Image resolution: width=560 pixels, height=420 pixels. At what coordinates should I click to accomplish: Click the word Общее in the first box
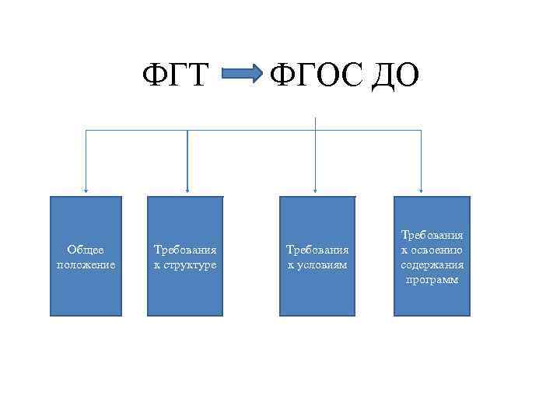pos(86,250)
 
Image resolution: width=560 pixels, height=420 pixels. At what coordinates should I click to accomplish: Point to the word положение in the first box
pos(86,264)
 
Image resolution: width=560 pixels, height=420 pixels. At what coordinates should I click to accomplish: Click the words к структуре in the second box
pos(185,264)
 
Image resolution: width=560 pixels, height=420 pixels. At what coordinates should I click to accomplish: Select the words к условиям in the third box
pos(317,264)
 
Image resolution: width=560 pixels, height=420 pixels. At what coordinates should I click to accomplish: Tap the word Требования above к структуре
pos(185,250)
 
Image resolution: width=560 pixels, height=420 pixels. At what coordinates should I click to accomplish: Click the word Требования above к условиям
pos(317,250)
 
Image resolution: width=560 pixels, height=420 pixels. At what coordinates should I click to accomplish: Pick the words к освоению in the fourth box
pos(432,250)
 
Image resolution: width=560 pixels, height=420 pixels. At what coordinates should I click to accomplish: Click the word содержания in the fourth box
pos(432,264)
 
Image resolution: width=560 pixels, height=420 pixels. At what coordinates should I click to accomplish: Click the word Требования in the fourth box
pos(432,234)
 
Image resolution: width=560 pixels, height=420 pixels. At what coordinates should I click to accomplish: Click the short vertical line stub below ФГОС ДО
pos(315,123)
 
